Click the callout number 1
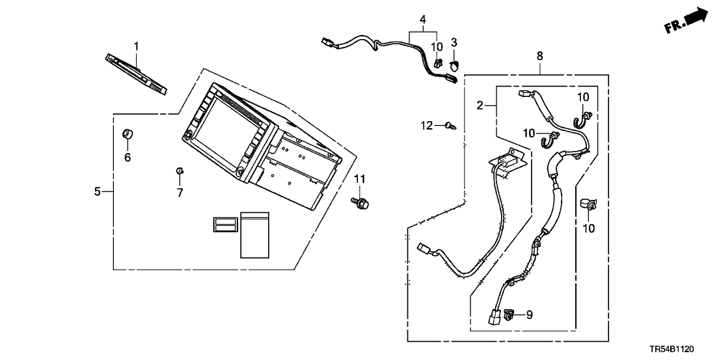pos(137,46)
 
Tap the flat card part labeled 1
pos(135,72)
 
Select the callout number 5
pos(98,191)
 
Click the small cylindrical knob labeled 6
pos(128,135)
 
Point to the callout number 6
pos(128,158)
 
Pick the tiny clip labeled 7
pos(179,171)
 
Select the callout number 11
pos(360,178)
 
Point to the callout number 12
pos(426,125)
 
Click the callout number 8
pos(539,57)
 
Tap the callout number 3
pos(454,42)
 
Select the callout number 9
pos(529,315)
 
